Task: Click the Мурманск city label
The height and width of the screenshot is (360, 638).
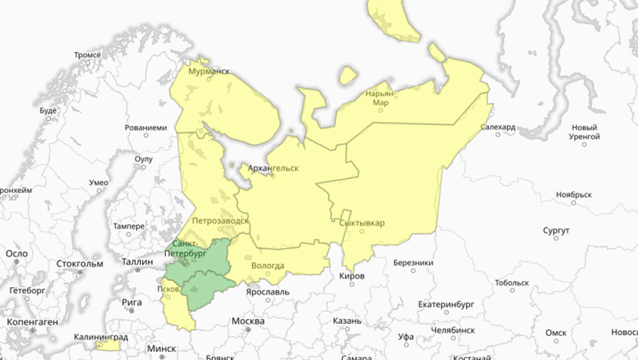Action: coord(209,71)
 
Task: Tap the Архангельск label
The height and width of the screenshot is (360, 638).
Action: coord(273,167)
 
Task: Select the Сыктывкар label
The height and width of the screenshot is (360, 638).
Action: coord(362,223)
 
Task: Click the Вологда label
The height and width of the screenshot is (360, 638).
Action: coord(268,266)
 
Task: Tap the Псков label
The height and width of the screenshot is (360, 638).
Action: coord(168,289)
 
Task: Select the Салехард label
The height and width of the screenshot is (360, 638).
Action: coord(498,128)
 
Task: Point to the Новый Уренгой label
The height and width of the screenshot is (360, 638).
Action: coord(584,132)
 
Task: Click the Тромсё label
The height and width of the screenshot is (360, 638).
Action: coord(87,55)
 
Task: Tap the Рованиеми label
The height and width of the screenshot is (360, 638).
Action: coord(145,128)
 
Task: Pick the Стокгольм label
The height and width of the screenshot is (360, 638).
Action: coord(80,264)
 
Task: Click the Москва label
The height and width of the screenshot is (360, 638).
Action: coord(248,321)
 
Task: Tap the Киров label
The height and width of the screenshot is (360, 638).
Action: coord(353,276)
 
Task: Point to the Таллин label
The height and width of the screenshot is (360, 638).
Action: coord(138,261)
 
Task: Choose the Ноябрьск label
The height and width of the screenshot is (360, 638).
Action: coord(574,194)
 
